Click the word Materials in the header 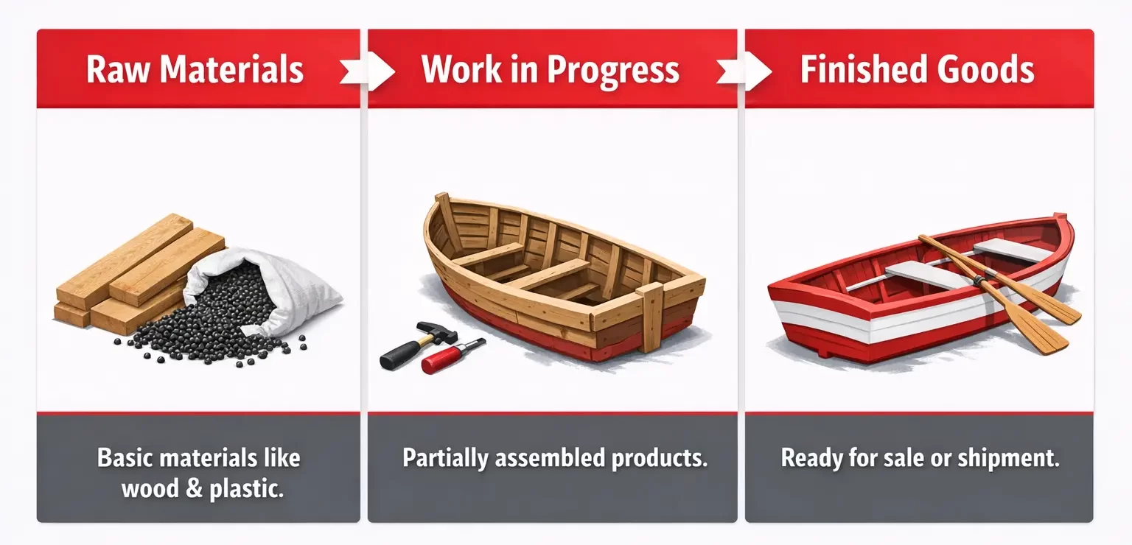pyautogui.click(x=231, y=70)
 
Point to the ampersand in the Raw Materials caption pyautogui.click(x=192, y=488)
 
